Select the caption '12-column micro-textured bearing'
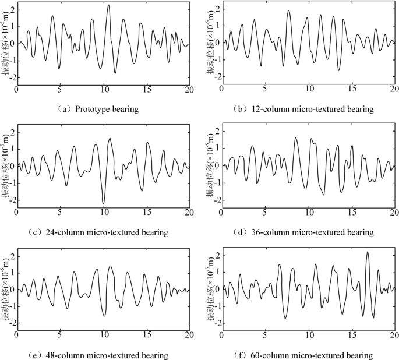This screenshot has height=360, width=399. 312,108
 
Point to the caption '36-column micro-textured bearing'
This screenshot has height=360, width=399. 312,232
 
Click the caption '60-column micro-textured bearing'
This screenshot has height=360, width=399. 312,355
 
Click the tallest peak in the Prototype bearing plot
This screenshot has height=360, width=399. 108,5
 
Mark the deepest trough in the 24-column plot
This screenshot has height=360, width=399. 104,204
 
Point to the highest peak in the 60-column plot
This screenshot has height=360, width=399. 368,252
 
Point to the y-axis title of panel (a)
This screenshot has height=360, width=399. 5,43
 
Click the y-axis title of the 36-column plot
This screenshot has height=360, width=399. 209,167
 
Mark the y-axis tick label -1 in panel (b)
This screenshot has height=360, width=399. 215,60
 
